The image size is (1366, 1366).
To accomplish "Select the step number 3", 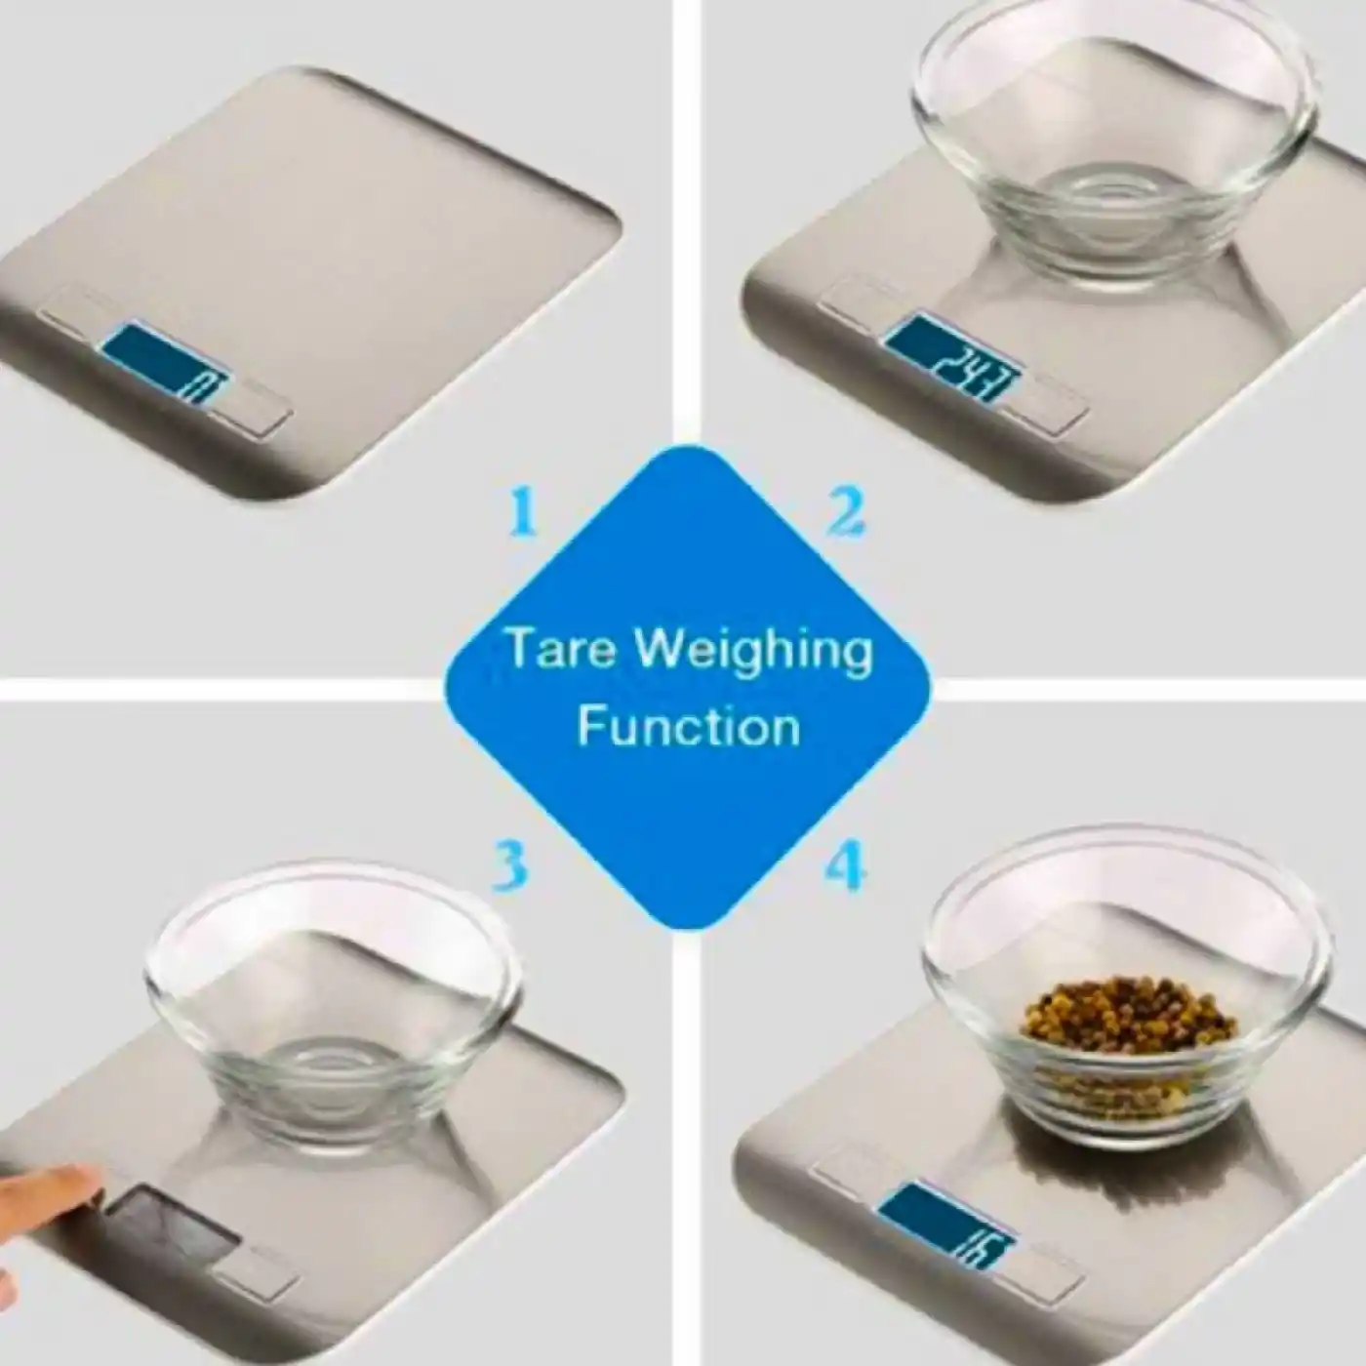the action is tap(509, 864).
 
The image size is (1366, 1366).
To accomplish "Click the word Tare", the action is tap(560, 651).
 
